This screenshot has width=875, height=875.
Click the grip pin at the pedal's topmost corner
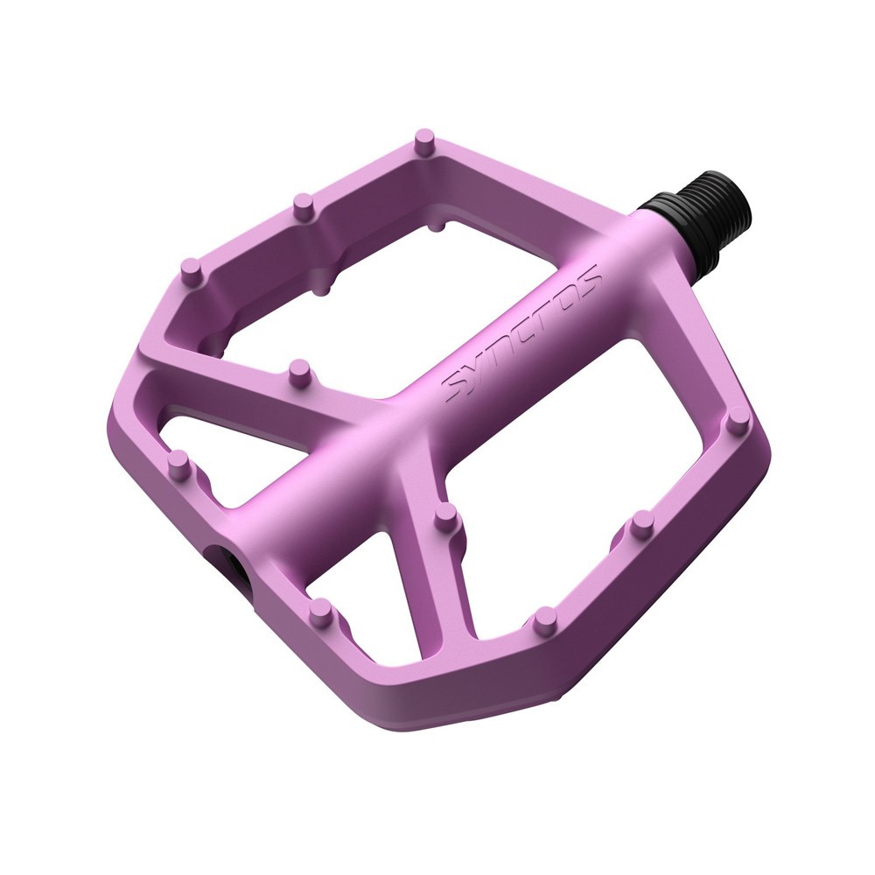click(x=424, y=141)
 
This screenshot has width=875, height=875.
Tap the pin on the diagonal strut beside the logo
click(x=299, y=372)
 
